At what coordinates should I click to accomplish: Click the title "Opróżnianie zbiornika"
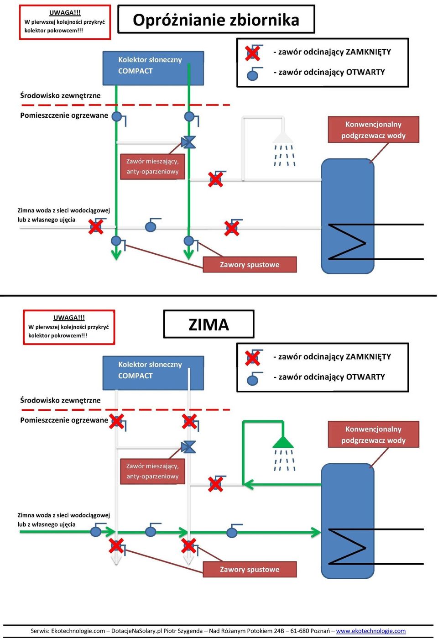pyautogui.click(x=216, y=20)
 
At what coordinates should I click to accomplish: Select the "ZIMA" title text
pyautogui.click(x=209, y=325)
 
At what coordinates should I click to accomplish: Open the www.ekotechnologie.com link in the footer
pyautogui.click(x=370, y=631)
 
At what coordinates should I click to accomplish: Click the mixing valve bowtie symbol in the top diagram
pyautogui.click(x=188, y=142)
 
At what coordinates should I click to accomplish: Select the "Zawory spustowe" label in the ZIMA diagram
pyautogui.click(x=250, y=569)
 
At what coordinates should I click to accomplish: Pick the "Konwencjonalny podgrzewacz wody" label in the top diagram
pyautogui.click(x=373, y=130)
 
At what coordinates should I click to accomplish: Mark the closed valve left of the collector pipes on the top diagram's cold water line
pyautogui.click(x=96, y=227)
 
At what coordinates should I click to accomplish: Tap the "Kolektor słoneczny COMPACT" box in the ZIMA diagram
pyautogui.click(x=153, y=373)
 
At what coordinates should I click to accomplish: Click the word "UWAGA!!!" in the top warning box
pyautogui.click(x=65, y=13)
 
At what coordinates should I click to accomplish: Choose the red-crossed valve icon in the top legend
pyautogui.click(x=253, y=53)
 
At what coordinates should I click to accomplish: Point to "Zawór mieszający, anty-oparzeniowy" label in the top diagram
pyautogui.click(x=152, y=167)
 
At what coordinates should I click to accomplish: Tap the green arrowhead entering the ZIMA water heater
pyautogui.click(x=315, y=532)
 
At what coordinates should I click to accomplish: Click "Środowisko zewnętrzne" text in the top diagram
pyautogui.click(x=60, y=95)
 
